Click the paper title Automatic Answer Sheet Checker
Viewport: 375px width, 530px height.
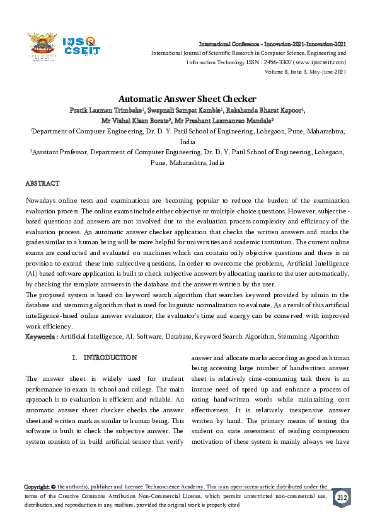[187, 99]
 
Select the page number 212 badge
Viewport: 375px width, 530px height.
[340, 497]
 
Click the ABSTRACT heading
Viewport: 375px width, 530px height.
[42, 183]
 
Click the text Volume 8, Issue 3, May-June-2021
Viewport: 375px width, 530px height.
[305, 72]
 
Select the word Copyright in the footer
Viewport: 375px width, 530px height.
[37, 487]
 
